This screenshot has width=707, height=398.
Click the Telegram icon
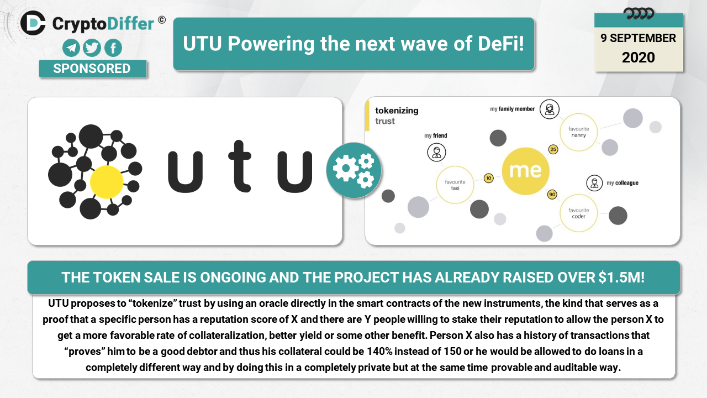(x=71, y=48)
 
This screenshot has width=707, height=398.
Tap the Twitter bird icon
(x=92, y=48)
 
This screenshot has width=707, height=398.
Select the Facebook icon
(x=113, y=48)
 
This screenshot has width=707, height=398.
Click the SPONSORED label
(x=92, y=69)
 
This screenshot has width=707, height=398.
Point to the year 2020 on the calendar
(x=638, y=57)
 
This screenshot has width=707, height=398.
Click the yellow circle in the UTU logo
(x=107, y=182)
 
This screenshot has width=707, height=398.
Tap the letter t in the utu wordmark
(x=240, y=166)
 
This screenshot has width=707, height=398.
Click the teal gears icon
(x=353, y=170)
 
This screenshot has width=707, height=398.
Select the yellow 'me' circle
(x=525, y=171)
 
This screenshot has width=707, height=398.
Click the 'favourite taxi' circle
(x=455, y=185)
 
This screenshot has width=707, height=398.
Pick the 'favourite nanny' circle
(x=578, y=132)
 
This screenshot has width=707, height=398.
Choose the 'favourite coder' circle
(x=578, y=213)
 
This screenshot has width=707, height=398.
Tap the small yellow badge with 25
(x=553, y=149)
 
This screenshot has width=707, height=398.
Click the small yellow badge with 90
(x=552, y=194)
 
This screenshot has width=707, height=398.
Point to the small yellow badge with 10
(x=489, y=178)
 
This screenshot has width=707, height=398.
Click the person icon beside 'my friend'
(x=436, y=152)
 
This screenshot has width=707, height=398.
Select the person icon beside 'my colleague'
(x=594, y=183)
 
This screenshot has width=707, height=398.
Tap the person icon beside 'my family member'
(x=550, y=109)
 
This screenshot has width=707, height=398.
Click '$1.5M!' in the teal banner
(x=621, y=277)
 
